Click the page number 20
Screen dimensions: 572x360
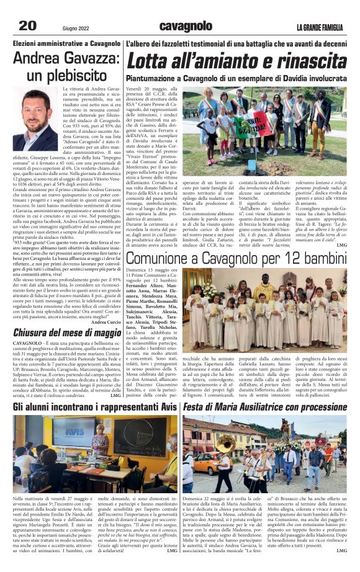27,25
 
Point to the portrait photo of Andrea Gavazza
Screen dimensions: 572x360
34,123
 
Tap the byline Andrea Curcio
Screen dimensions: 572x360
106,322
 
